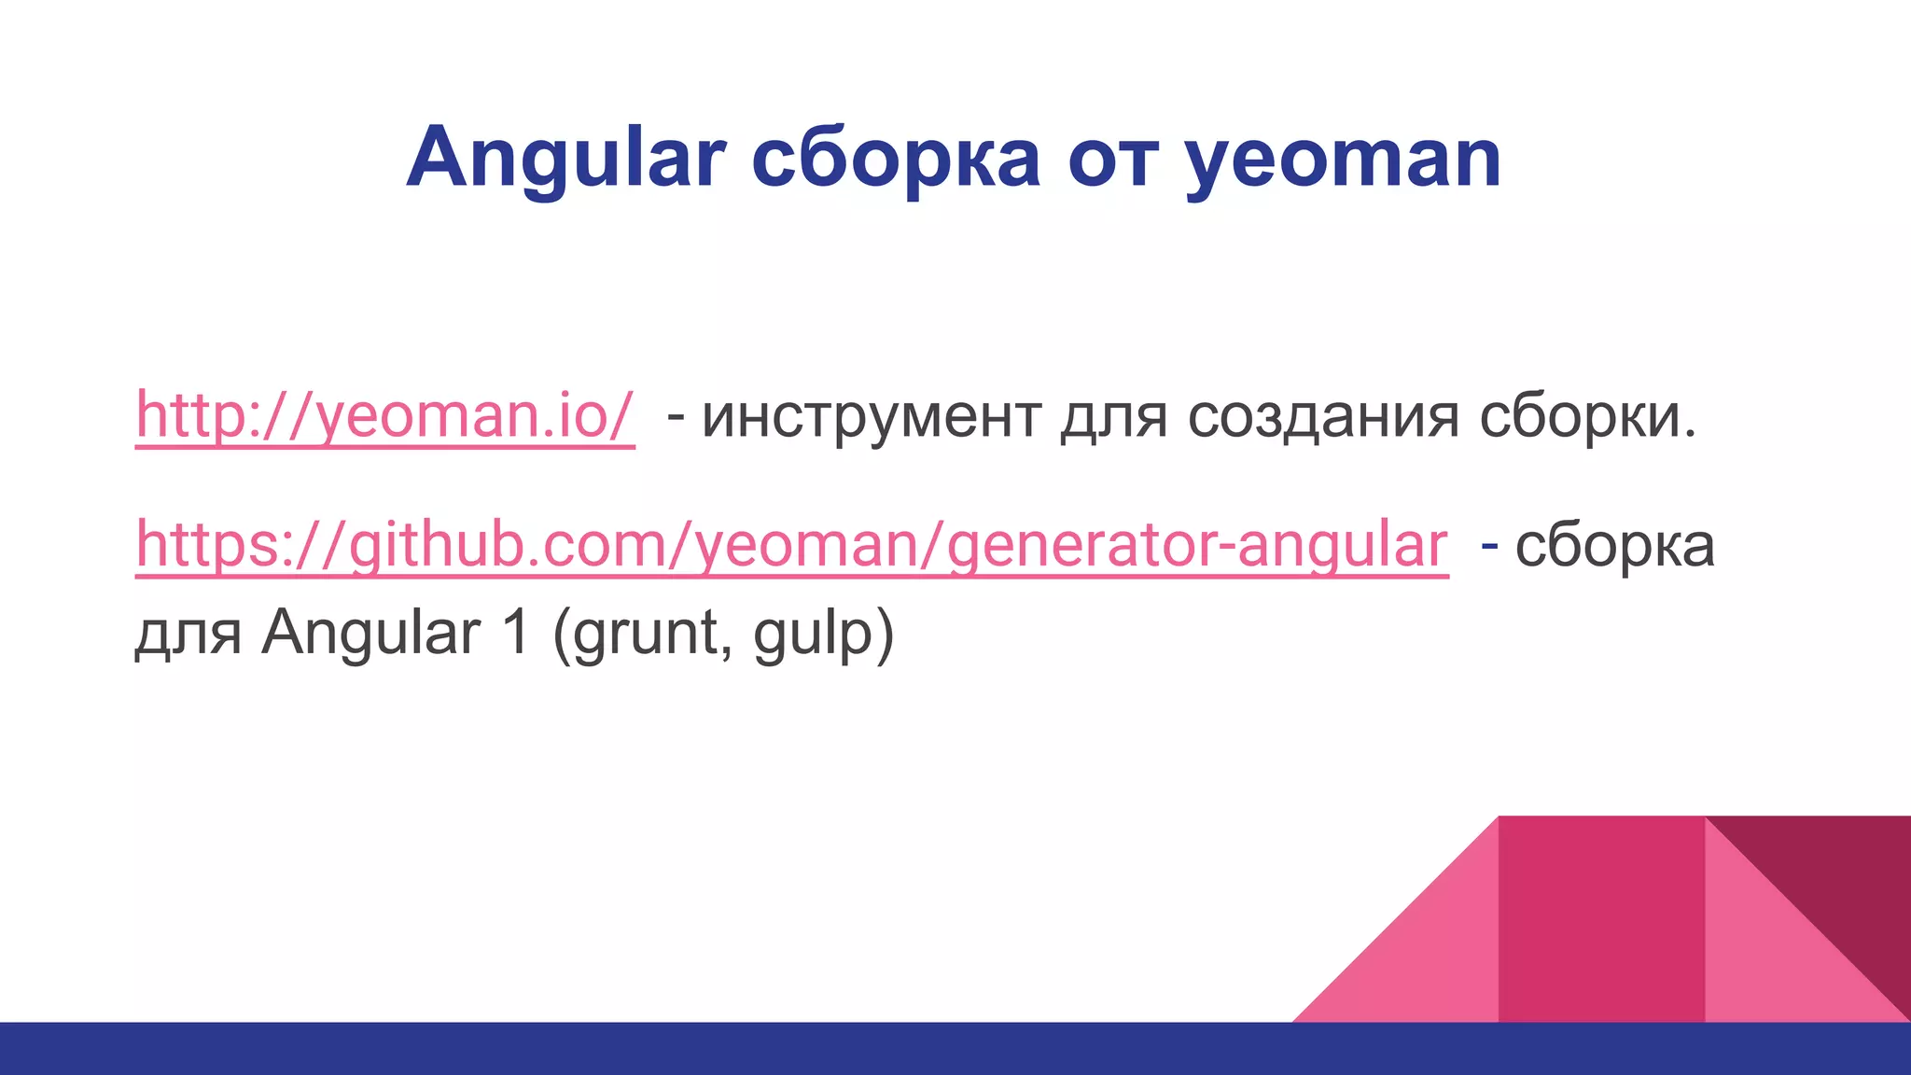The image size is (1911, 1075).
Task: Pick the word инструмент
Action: (872, 416)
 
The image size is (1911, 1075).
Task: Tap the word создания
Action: (1323, 416)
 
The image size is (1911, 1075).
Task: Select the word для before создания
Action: (1114, 416)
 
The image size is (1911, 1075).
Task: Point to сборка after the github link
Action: (1614, 546)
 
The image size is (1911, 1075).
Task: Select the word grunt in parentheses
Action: (642, 635)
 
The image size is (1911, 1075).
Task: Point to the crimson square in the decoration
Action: (1601, 919)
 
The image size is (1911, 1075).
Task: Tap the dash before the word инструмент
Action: (676, 416)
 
